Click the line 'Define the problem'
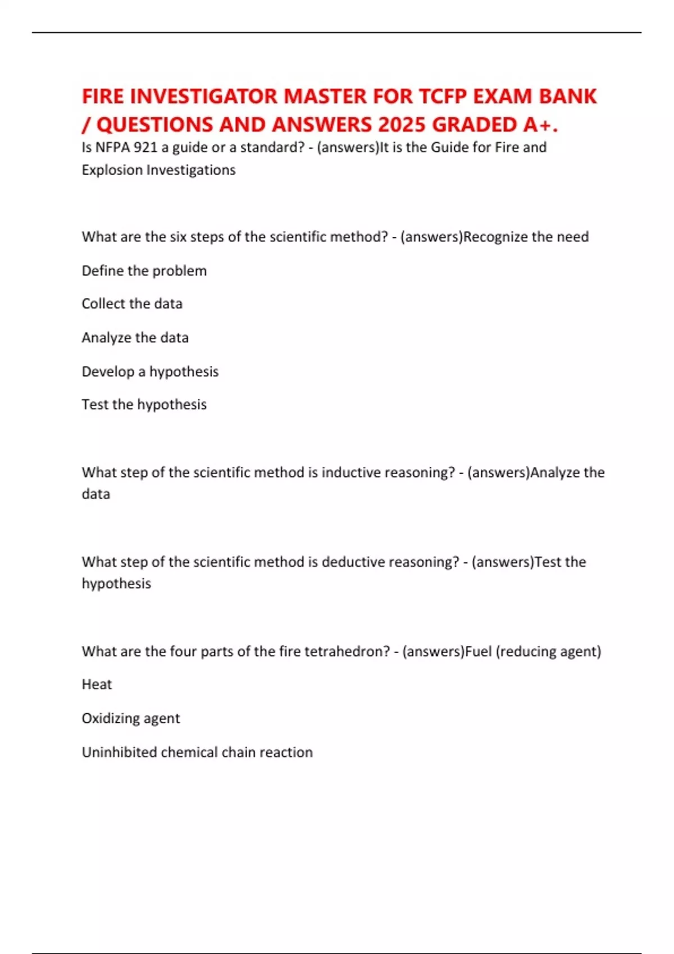click(144, 270)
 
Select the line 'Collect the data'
click(132, 304)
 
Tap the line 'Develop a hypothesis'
click(150, 371)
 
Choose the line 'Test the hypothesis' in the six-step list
click(144, 405)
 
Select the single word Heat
click(97, 685)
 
